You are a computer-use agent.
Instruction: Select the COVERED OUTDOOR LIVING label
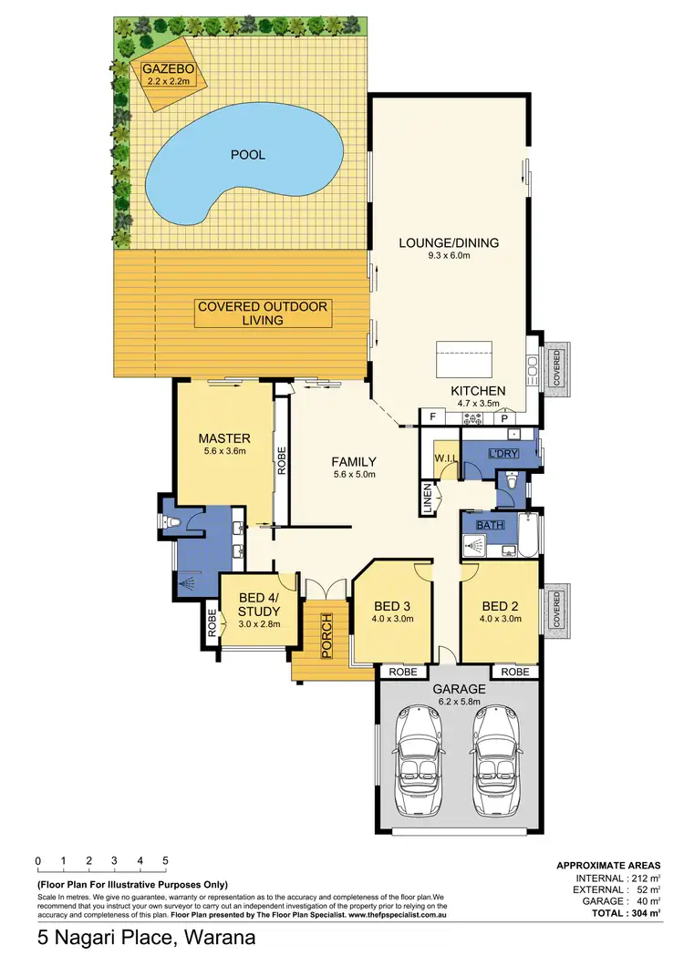pyautogui.click(x=263, y=313)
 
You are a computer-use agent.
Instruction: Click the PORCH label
pyautogui.click(x=326, y=635)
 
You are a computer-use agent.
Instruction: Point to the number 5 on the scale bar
pyautogui.click(x=165, y=860)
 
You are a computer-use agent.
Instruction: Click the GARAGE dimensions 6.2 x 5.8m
pyautogui.click(x=460, y=702)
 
